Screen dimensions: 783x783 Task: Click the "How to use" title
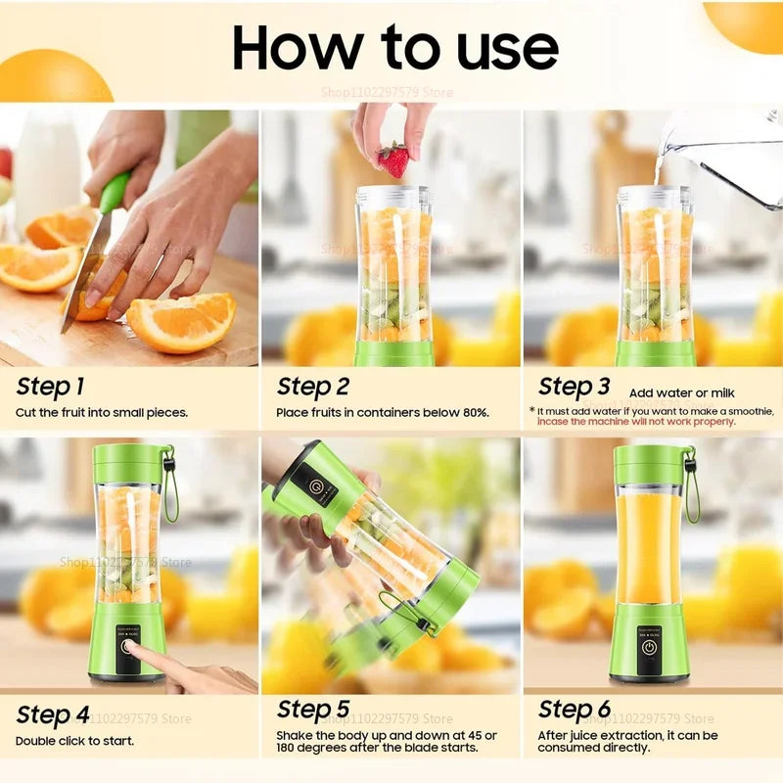click(395, 46)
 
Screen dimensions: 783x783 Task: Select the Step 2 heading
click(313, 387)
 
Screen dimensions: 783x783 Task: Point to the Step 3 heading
click(575, 387)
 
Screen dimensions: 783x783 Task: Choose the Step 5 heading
click(313, 710)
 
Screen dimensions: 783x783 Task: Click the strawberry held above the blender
click(393, 159)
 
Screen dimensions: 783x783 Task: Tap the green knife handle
click(114, 193)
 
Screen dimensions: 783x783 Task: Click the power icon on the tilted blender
click(314, 485)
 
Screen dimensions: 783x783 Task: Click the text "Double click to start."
click(75, 741)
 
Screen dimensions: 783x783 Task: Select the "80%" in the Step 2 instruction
click(474, 413)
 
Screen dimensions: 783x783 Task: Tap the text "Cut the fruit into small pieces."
click(102, 413)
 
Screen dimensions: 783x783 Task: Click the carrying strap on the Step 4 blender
click(170, 484)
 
